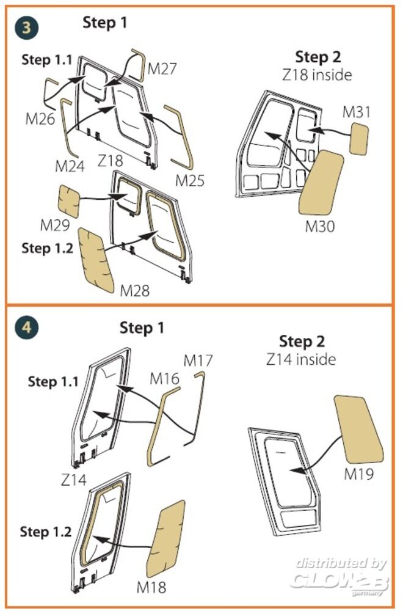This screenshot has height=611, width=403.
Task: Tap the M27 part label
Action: tap(162, 69)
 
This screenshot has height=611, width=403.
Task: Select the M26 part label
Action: tap(40, 118)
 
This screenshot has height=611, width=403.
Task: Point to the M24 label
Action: tap(70, 166)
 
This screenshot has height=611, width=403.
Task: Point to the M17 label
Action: tap(198, 361)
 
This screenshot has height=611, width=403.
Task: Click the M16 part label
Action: tap(165, 379)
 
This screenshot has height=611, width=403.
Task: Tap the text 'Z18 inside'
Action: tap(318, 75)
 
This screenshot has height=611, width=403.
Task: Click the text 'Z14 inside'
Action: tap(301, 359)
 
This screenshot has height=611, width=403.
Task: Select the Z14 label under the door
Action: tap(74, 480)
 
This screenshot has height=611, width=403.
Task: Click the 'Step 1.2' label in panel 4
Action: tap(46, 532)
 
